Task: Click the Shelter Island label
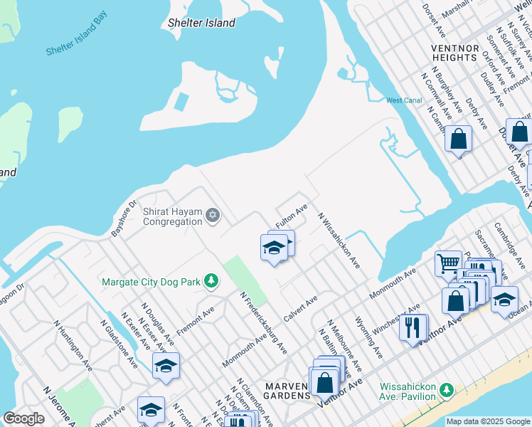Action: (201, 23)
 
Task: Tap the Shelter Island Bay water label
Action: (76, 33)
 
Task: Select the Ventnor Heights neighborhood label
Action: (454, 52)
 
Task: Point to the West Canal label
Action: (404, 100)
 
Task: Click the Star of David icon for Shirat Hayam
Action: (211, 216)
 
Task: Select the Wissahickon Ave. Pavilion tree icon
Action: (446, 390)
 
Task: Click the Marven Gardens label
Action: (285, 386)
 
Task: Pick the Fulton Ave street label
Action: (292, 216)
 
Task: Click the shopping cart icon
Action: (449, 263)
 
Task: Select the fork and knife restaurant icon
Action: (412, 327)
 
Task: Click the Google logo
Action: (23, 418)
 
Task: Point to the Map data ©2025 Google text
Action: (488, 421)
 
